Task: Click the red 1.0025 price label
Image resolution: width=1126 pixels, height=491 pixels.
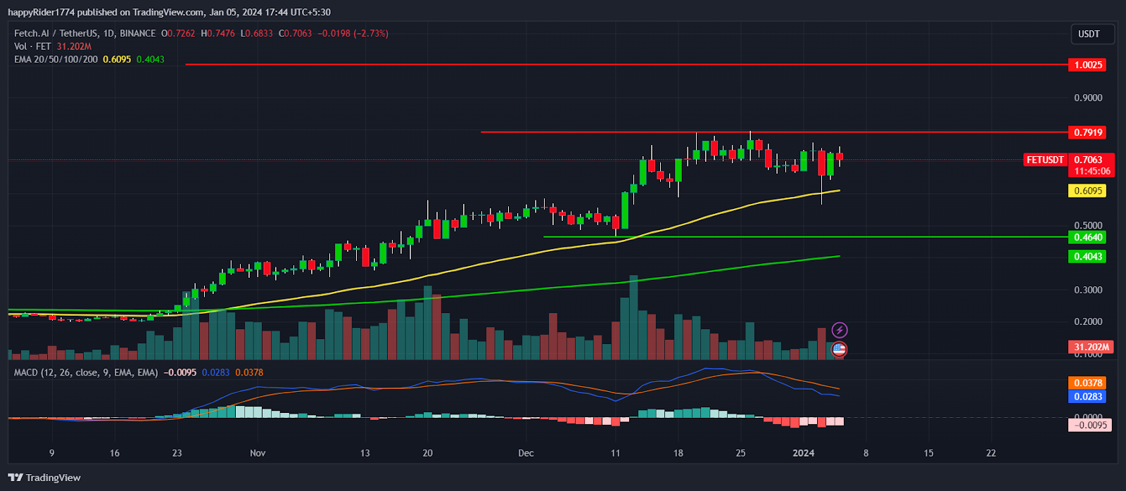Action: click(1088, 65)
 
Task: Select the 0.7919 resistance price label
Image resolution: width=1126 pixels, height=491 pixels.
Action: click(1088, 132)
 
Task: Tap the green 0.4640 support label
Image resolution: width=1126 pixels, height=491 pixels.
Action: click(1088, 237)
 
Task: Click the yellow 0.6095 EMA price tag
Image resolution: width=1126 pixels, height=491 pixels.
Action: click(1088, 191)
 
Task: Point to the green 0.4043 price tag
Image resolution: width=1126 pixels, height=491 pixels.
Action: click(1088, 256)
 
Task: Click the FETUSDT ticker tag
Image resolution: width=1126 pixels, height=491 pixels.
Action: click(1045, 160)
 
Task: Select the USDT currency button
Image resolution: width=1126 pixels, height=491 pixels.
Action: click(1089, 34)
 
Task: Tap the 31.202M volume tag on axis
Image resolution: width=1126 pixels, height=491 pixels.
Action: click(1092, 347)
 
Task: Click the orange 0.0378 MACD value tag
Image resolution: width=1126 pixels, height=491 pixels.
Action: click(1088, 383)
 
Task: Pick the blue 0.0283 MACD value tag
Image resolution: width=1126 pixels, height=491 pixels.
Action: click(1088, 397)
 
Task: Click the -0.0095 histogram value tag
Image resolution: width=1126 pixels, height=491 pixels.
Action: click(1090, 425)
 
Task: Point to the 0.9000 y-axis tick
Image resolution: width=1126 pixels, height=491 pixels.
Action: click(1088, 98)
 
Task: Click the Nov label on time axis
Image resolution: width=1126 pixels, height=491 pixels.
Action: click(258, 453)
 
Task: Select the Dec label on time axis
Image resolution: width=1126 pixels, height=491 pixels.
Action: click(526, 453)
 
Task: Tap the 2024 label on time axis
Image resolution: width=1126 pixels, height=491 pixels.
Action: click(803, 453)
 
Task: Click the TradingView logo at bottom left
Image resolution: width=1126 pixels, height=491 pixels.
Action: click(44, 478)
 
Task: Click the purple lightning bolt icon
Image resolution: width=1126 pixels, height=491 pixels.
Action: click(840, 330)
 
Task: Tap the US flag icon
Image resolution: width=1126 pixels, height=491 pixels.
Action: click(839, 349)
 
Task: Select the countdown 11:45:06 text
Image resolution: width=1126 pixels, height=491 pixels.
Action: click(1092, 171)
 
